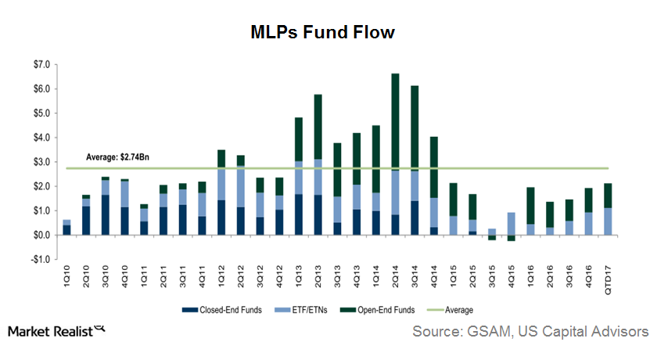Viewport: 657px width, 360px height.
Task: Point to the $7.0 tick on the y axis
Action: point(40,64)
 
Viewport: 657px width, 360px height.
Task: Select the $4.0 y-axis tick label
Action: point(40,138)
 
